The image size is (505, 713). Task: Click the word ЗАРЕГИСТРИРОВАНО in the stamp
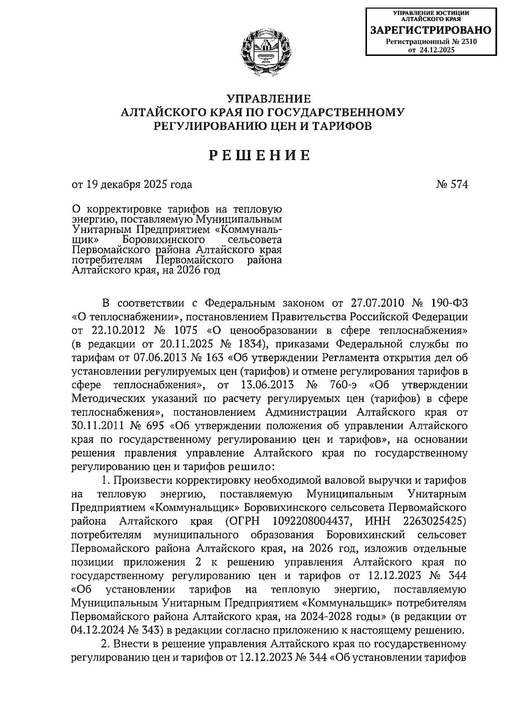pyautogui.click(x=430, y=30)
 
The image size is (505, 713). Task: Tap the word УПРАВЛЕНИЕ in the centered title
pyautogui.click(x=268, y=99)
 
